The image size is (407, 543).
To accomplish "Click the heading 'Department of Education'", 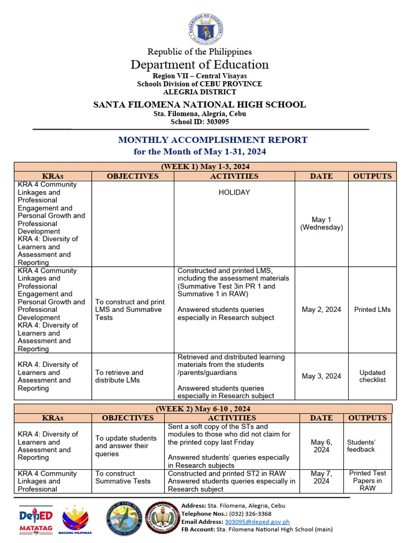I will point(200,65).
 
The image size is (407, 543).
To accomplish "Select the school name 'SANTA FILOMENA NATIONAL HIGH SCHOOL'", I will point(199,104).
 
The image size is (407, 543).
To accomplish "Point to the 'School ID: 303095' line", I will point(199,121).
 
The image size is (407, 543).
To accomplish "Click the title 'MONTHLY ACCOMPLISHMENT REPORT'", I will point(213,140).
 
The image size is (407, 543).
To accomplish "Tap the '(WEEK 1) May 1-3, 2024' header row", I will point(205,167).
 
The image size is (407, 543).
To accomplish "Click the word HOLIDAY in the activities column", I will point(234,192).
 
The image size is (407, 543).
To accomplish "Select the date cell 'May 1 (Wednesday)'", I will point(321,223).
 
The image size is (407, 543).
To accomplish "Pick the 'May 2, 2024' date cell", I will point(321,310).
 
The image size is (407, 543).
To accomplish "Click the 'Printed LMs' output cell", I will point(372,310).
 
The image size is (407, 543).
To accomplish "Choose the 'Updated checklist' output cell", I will point(372,376).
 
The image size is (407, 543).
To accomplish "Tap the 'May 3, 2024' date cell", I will point(321,376).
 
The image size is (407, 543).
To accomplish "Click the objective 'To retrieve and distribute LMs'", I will point(119,376).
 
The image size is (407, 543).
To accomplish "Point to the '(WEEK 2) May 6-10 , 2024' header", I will point(202,409).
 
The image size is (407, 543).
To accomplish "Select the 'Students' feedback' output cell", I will point(361,445).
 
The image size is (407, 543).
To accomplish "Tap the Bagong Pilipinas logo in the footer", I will point(75,519).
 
